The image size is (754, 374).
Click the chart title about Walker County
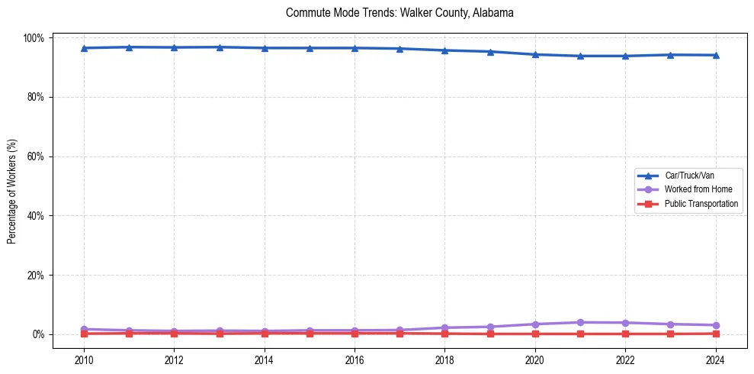tap(399, 13)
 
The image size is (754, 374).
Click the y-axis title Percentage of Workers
tap(12, 185)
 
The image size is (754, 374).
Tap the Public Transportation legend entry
tap(701, 204)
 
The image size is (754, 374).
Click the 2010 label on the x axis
tap(84, 359)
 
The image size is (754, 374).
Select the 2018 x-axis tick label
tap(444, 359)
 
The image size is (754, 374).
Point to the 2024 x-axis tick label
tap(715, 359)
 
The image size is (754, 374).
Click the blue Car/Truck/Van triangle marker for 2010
tap(84, 48)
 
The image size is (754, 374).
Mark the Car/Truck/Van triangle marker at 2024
tap(715, 55)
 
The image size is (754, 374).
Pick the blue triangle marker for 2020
tap(535, 54)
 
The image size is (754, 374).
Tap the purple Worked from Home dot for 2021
tap(580, 322)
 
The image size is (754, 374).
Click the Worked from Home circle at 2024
tap(715, 325)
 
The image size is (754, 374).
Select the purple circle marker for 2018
tap(444, 327)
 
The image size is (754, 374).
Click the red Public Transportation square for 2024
tap(715, 334)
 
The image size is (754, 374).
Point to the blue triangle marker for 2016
tap(355, 48)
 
